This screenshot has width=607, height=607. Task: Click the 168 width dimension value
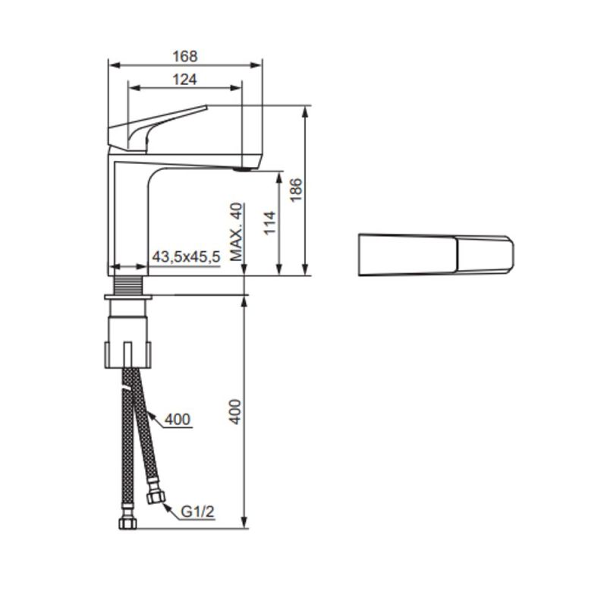pos(184,56)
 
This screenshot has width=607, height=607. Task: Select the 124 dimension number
pos(184,80)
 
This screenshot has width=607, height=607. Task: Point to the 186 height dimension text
pos(297,190)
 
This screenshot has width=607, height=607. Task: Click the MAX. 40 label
pos(237,232)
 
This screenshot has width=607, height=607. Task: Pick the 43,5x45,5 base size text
pos(186,257)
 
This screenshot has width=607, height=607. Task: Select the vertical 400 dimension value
pos(235,410)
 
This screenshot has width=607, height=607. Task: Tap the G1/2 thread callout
pos(197,512)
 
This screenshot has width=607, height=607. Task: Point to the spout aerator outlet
pos(241,169)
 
